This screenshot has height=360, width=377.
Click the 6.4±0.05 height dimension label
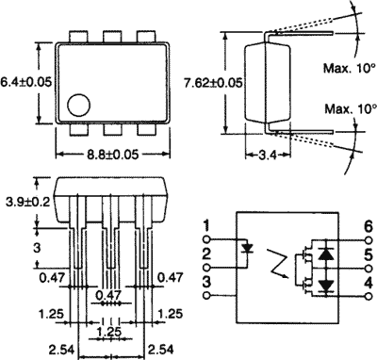click(25, 82)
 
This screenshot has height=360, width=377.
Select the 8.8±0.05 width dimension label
click(113, 155)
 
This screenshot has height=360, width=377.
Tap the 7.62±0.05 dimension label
click(213, 83)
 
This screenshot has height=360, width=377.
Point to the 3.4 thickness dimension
click(268, 155)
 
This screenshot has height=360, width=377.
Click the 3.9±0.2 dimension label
click(28, 202)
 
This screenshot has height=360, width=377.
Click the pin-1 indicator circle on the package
click(78, 106)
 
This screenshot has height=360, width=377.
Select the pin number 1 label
click(206, 227)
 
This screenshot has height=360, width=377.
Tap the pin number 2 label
click(206, 254)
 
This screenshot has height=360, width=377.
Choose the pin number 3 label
click(206, 282)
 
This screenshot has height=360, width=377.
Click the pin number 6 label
click(369, 227)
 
